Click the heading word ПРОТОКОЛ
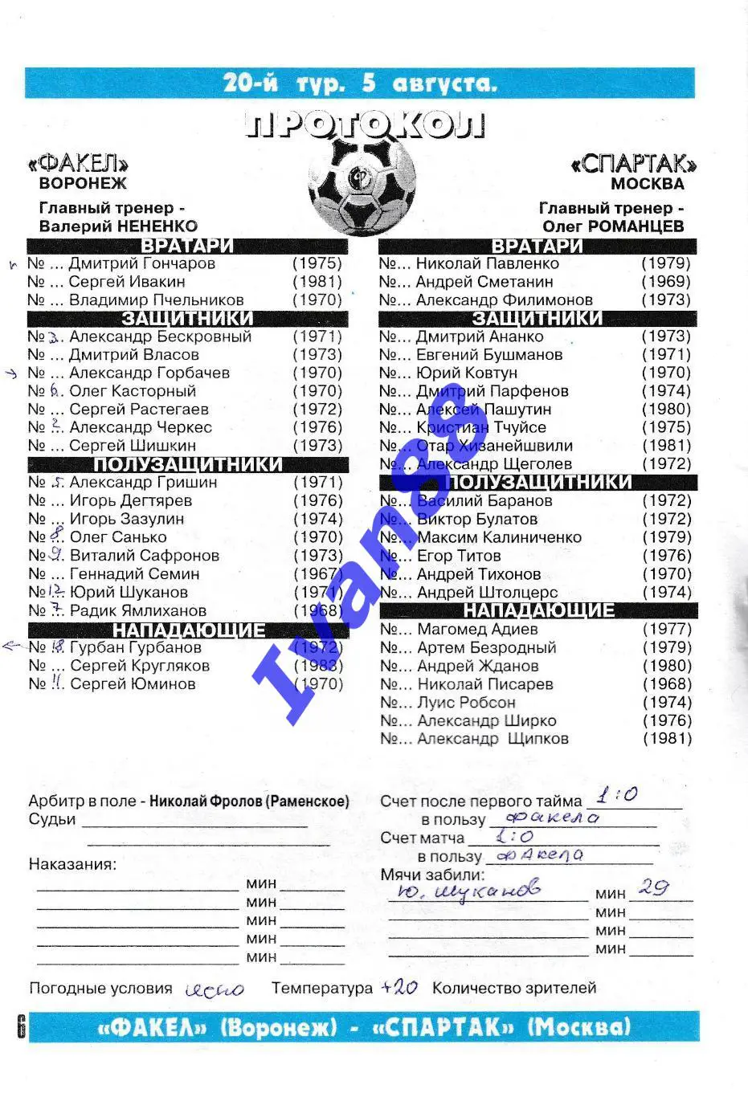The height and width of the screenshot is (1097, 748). tap(366, 125)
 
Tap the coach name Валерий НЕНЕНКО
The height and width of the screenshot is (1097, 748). tap(118, 226)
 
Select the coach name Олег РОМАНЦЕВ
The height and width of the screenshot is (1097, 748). tap(613, 226)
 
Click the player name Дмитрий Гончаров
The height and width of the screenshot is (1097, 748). tap(141, 263)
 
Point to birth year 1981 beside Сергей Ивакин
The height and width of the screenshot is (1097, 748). tap(317, 282)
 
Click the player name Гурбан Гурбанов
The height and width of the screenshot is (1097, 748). tap(135, 647)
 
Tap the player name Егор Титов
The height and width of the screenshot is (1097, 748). tap(459, 556)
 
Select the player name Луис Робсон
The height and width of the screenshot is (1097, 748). tap(466, 703)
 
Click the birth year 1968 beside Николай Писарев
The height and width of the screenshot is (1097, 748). tap(667, 684)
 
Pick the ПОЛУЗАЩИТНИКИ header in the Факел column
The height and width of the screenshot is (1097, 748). tap(188, 464)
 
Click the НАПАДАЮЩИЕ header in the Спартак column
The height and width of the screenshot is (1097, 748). tap(538, 610)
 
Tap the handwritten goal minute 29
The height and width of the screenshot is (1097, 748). tap(653, 887)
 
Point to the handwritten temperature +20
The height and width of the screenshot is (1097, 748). tap(399, 987)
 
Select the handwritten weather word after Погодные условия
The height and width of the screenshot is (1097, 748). tap(215, 989)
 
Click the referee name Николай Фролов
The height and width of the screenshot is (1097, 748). tap(206, 801)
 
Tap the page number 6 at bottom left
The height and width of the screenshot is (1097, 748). tap(21, 1026)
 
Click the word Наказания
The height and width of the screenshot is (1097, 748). tap(72, 864)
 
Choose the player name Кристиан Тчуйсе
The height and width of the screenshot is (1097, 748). tap(481, 427)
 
